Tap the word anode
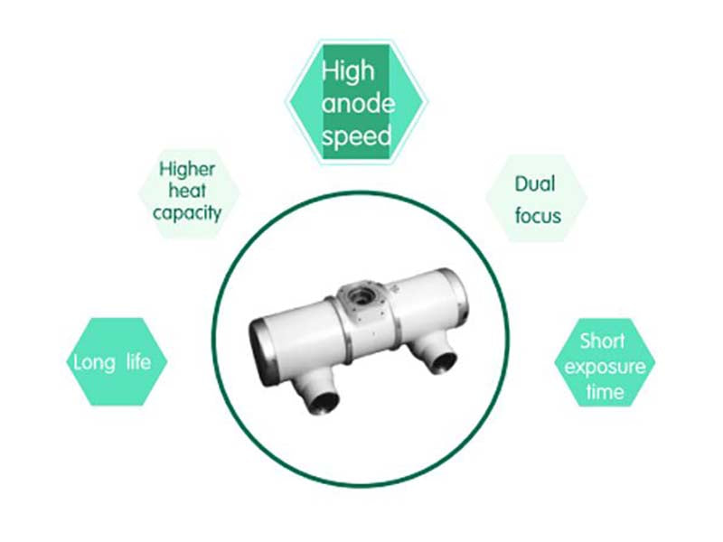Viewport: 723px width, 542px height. pos(358,103)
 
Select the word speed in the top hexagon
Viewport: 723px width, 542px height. pos(357,136)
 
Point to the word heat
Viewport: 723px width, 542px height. pos(187,191)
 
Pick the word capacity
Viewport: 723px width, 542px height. pos(187,213)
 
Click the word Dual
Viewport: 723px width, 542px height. pos(535,184)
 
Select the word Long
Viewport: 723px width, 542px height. pos(94,363)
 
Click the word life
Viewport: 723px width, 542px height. pos(146,363)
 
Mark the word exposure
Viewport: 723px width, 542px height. pos(602,367)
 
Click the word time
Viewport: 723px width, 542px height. pos(604,392)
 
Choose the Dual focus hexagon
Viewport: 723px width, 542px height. pos(537,199)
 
